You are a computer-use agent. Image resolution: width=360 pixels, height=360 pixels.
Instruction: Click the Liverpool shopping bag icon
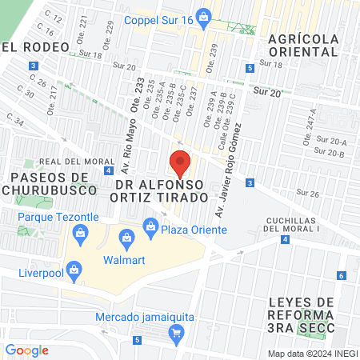(74, 270)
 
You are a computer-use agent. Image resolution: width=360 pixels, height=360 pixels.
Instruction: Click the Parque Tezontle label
(47, 217)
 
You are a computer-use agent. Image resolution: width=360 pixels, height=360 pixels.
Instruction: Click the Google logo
(27, 350)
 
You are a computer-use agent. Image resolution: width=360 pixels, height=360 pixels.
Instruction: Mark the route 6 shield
(341, 276)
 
